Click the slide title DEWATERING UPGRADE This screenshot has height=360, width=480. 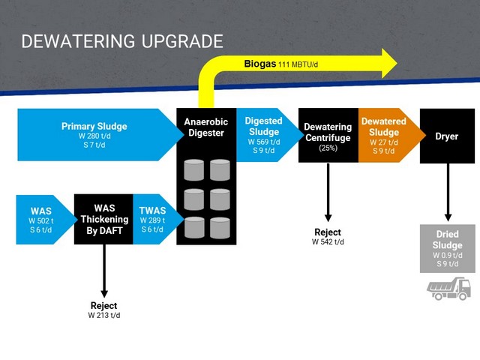[x=122, y=41]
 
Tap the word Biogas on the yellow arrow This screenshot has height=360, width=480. [x=260, y=64]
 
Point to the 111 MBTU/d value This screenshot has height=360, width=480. [x=298, y=64]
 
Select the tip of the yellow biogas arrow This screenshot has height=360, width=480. [x=397, y=63]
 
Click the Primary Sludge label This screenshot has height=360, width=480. [x=94, y=126]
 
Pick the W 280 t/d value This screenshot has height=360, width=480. [x=94, y=136]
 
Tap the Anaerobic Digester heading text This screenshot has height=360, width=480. [x=206, y=127]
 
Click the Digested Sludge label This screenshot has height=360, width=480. [x=263, y=126]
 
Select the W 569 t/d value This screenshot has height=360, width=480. [x=264, y=142]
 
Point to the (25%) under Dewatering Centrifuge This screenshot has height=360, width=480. [x=328, y=148]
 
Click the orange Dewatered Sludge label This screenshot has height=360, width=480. [x=384, y=127]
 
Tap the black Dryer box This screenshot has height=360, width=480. [x=447, y=136]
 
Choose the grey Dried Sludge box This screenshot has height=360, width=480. [x=448, y=248]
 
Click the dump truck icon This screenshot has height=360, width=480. [x=448, y=289]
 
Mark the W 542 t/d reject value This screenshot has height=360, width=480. [x=328, y=241]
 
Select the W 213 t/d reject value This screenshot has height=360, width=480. [x=104, y=315]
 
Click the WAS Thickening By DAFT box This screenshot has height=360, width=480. [x=103, y=219]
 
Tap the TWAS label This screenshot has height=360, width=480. [x=152, y=211]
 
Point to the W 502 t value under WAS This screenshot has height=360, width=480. [x=41, y=220]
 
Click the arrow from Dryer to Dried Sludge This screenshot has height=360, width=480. [x=448, y=192]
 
